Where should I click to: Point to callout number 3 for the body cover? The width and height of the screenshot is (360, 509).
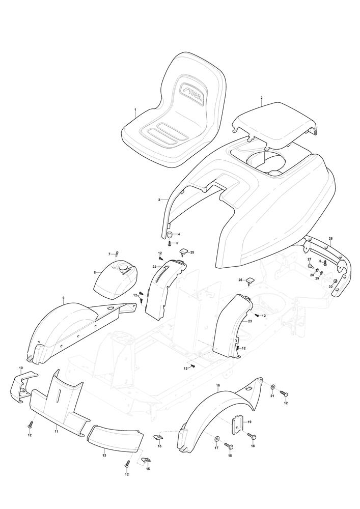click(159, 200)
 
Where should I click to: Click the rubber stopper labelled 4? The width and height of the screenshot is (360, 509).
click(170, 234)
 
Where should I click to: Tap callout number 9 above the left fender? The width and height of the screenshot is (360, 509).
click(63, 298)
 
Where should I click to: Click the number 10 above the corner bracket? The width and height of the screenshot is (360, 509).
click(21, 368)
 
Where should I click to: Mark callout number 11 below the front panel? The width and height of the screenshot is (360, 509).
click(56, 432)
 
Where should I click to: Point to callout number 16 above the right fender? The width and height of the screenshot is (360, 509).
click(218, 385)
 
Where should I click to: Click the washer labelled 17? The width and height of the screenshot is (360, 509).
click(217, 439)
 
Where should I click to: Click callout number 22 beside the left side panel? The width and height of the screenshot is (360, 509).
click(154, 267)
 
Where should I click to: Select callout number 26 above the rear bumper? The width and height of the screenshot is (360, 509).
click(331, 239)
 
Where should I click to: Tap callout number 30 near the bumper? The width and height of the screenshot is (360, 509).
click(330, 286)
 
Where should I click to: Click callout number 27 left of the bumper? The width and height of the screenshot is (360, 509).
click(310, 259)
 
